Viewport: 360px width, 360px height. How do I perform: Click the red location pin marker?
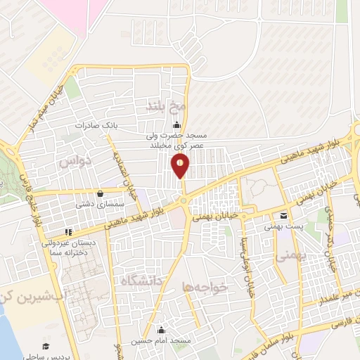click(x=181, y=166)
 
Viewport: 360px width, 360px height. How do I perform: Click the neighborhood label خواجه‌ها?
click(x=205, y=287)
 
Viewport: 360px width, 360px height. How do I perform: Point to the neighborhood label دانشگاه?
click(x=143, y=282)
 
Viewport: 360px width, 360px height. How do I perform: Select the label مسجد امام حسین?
click(x=162, y=340)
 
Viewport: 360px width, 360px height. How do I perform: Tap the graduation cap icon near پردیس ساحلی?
click(x=46, y=346)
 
